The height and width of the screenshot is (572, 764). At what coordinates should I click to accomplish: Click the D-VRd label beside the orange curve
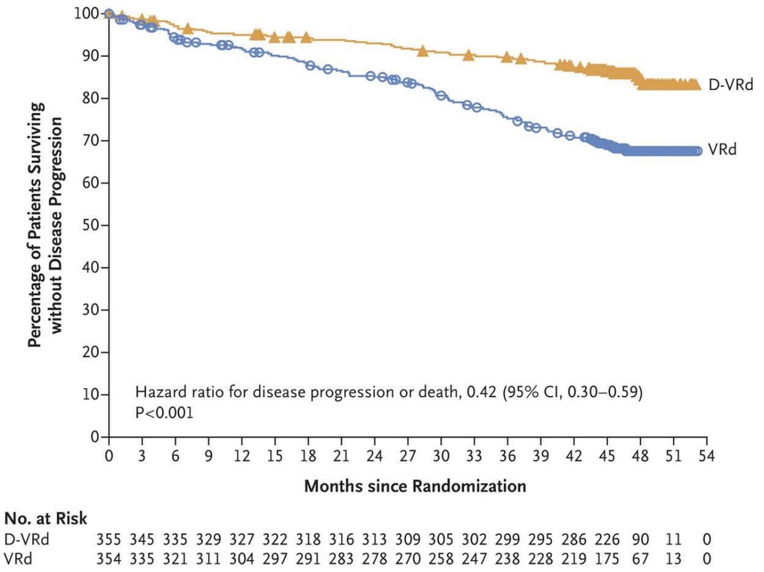coord(730,85)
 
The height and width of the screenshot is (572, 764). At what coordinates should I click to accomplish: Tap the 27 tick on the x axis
coord(408,456)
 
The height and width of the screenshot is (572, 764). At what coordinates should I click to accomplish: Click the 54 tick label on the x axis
coord(707,456)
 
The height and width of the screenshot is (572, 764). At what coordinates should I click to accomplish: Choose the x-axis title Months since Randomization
coord(415,487)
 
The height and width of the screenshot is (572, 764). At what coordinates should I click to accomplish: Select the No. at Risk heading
coord(46,519)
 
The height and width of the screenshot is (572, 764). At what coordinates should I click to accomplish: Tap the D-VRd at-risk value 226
coord(607,540)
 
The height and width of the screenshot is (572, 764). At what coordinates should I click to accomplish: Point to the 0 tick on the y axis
coord(95,437)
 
